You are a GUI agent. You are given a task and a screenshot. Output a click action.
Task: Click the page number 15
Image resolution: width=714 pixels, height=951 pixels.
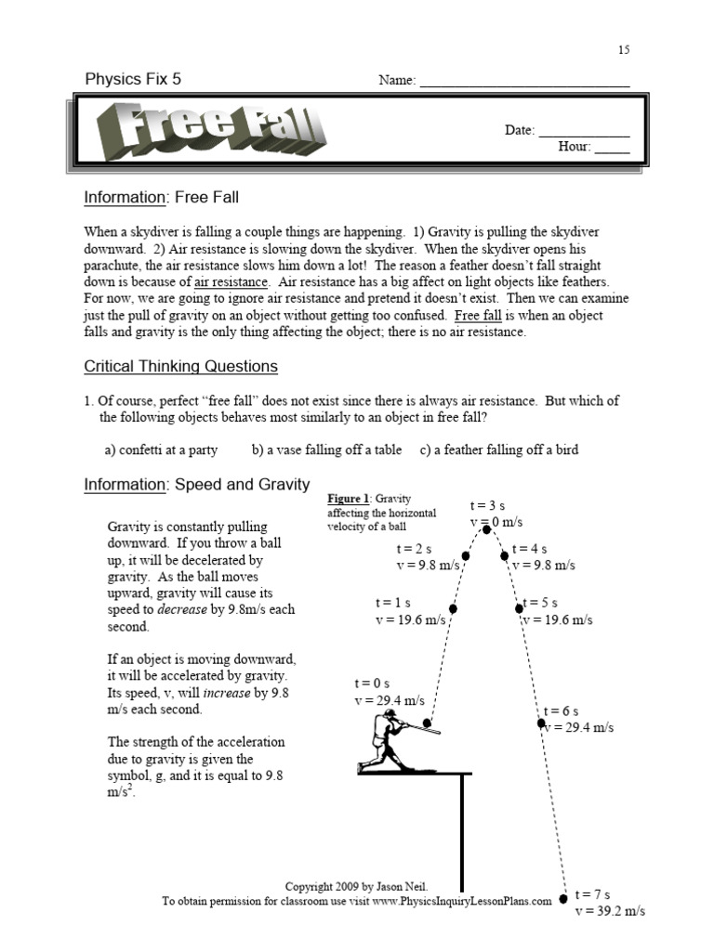[624, 50]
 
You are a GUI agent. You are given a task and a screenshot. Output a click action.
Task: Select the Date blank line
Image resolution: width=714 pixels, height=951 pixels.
[584, 136]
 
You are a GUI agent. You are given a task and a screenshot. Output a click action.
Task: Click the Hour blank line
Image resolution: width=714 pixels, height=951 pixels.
[612, 152]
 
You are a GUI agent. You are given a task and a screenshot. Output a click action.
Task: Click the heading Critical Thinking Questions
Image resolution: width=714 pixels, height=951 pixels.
[180, 367]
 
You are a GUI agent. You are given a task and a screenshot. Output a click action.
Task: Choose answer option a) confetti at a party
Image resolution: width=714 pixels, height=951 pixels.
[161, 449]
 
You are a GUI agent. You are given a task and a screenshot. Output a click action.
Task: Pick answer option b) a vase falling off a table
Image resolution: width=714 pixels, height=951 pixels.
[326, 449]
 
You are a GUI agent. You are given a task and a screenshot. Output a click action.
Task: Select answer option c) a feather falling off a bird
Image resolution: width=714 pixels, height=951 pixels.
[498, 449]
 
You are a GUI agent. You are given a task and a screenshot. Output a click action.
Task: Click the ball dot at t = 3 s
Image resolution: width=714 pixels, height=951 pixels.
[488, 530]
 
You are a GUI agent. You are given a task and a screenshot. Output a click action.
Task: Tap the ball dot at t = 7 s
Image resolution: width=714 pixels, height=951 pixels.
[563, 899]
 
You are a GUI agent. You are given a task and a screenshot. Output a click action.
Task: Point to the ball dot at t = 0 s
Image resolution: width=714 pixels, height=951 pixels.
[427, 723]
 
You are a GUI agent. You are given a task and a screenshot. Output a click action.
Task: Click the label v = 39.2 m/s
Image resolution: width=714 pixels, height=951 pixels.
[609, 911]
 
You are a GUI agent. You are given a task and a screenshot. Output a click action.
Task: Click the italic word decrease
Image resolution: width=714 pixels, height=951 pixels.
[182, 610]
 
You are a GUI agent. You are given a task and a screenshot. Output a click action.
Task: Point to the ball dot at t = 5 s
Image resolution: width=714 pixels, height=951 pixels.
[520, 609]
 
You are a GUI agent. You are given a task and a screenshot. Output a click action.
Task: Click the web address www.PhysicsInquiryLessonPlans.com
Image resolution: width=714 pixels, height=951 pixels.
[462, 901]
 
